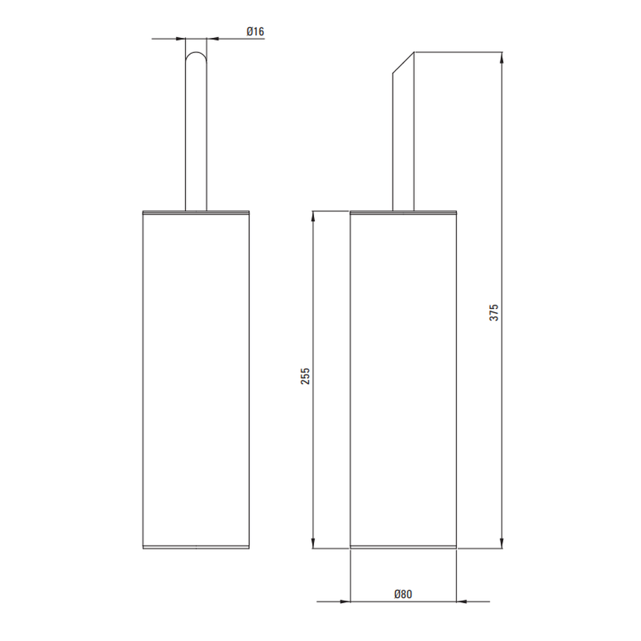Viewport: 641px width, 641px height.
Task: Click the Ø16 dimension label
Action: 255,31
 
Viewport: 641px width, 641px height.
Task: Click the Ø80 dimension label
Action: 403,594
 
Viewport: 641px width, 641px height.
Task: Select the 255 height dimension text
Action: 305,376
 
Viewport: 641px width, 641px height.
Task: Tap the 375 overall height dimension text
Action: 494,312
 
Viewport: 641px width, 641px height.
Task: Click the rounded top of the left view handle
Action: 196,53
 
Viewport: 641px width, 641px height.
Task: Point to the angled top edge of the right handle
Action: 403,63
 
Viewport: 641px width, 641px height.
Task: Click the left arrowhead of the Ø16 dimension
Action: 180,39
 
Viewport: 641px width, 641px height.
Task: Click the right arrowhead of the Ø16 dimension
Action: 212,39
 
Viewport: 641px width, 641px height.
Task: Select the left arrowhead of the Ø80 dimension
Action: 345,601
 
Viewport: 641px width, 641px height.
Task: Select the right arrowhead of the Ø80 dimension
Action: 462,601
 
